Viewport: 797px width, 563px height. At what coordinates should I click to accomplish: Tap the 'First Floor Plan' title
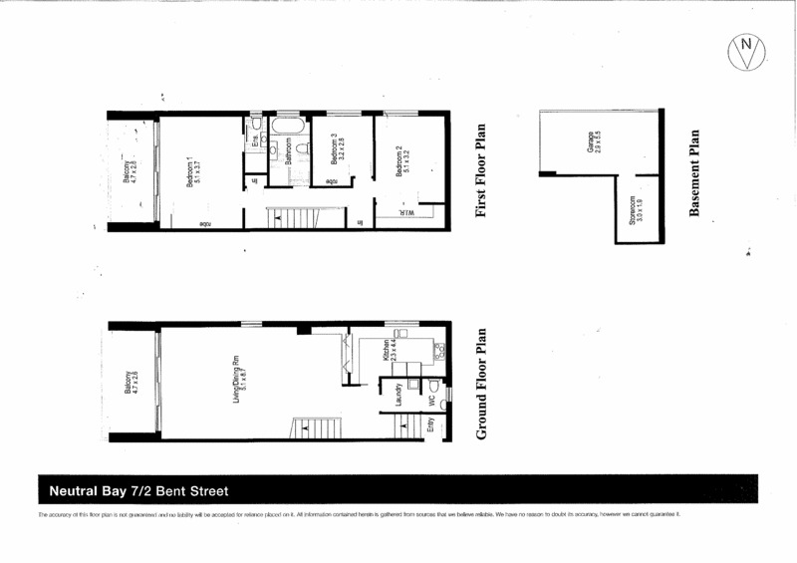pyautogui.click(x=481, y=171)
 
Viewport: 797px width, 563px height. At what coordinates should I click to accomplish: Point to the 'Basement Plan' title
pyautogui.click(x=694, y=172)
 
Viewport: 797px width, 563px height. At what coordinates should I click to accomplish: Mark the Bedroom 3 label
pyautogui.click(x=335, y=148)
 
